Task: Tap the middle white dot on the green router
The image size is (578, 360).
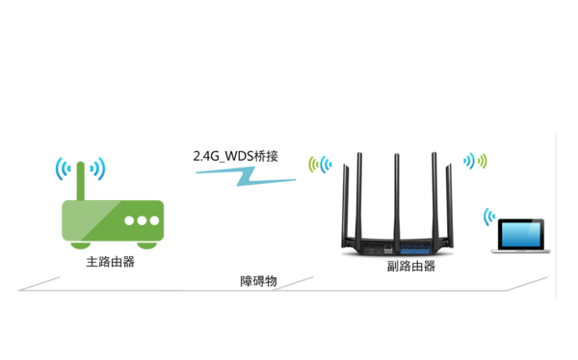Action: coord(141,220)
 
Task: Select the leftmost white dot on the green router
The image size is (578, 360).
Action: coord(128,220)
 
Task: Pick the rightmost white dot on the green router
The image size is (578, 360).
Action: coord(154,220)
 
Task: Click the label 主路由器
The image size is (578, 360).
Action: coord(109,260)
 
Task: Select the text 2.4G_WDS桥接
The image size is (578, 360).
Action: coord(235,154)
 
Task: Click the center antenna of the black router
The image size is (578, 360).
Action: coord(396,193)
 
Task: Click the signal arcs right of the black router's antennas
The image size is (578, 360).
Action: coord(475,161)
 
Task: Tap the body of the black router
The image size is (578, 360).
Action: coord(396,244)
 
